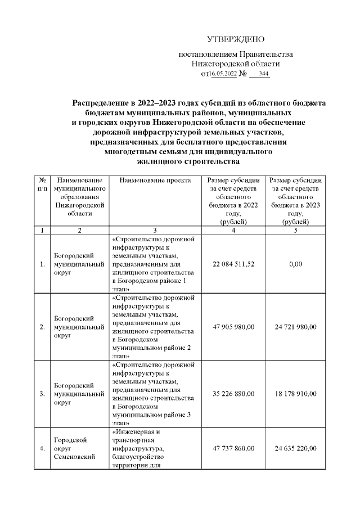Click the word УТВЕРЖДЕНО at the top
(236, 39)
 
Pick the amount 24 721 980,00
(295, 327)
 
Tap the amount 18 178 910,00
(295, 393)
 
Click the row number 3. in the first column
(42, 394)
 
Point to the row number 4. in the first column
(42, 449)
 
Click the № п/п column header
(42, 184)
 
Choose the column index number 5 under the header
(295, 230)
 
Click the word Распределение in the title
(101, 103)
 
